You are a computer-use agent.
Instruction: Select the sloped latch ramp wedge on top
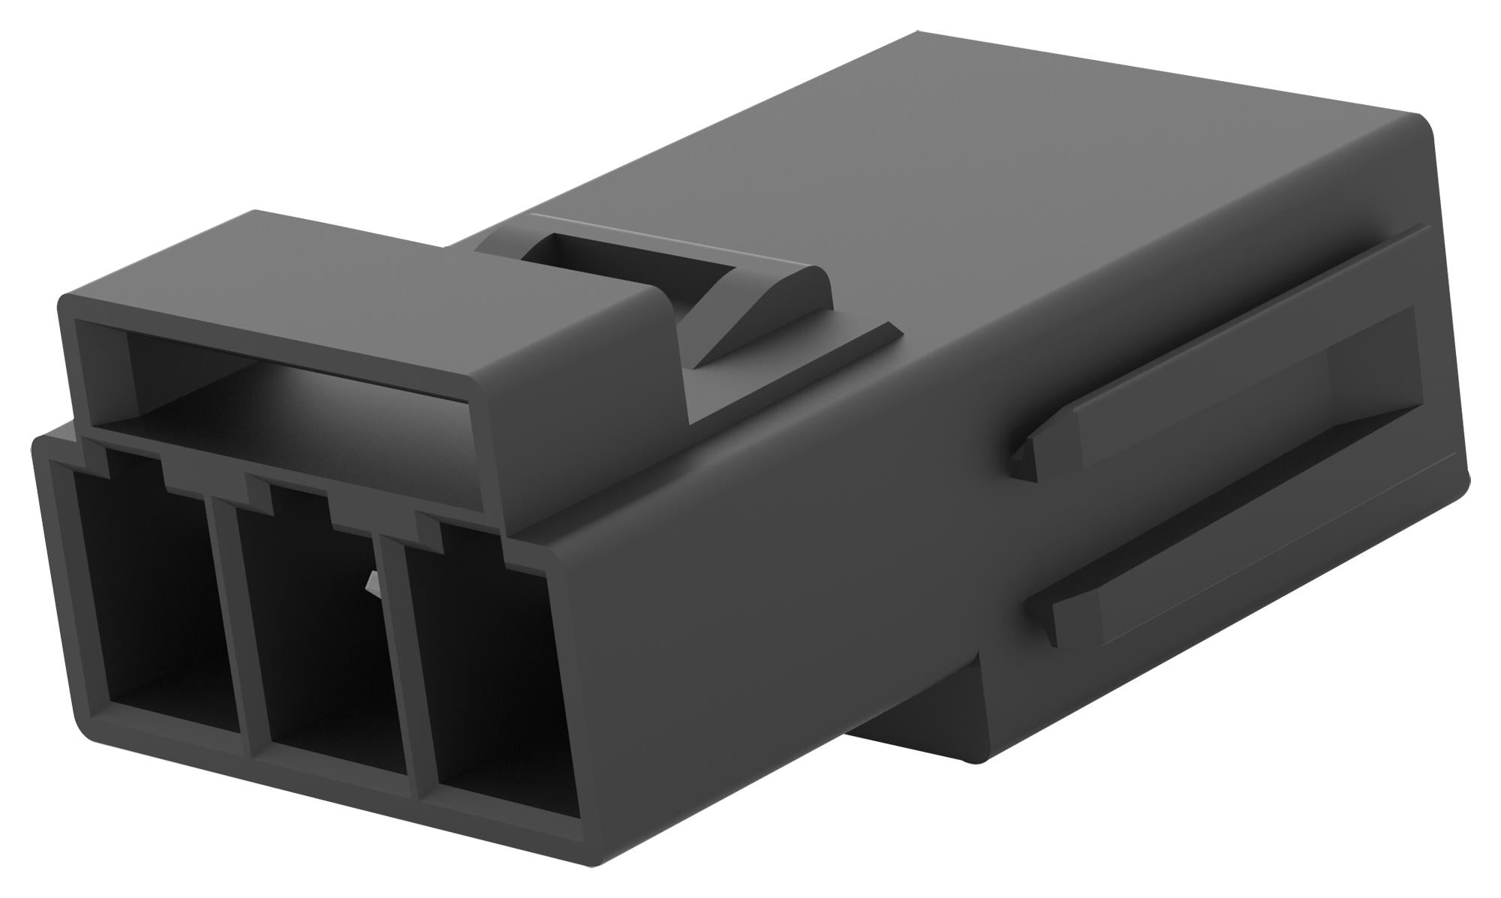(758, 315)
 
